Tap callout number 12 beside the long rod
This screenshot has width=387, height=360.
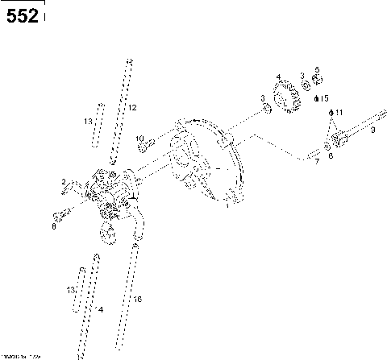(x=133, y=107)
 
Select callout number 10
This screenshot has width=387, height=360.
(x=139, y=139)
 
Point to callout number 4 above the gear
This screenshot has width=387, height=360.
(x=278, y=77)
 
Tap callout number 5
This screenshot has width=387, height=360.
(x=317, y=70)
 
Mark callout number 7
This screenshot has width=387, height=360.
(x=317, y=162)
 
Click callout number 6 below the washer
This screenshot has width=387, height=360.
(x=330, y=155)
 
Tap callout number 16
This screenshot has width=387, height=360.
(x=138, y=299)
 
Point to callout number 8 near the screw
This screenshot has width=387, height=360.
(x=54, y=228)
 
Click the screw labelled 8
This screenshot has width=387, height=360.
(x=58, y=216)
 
